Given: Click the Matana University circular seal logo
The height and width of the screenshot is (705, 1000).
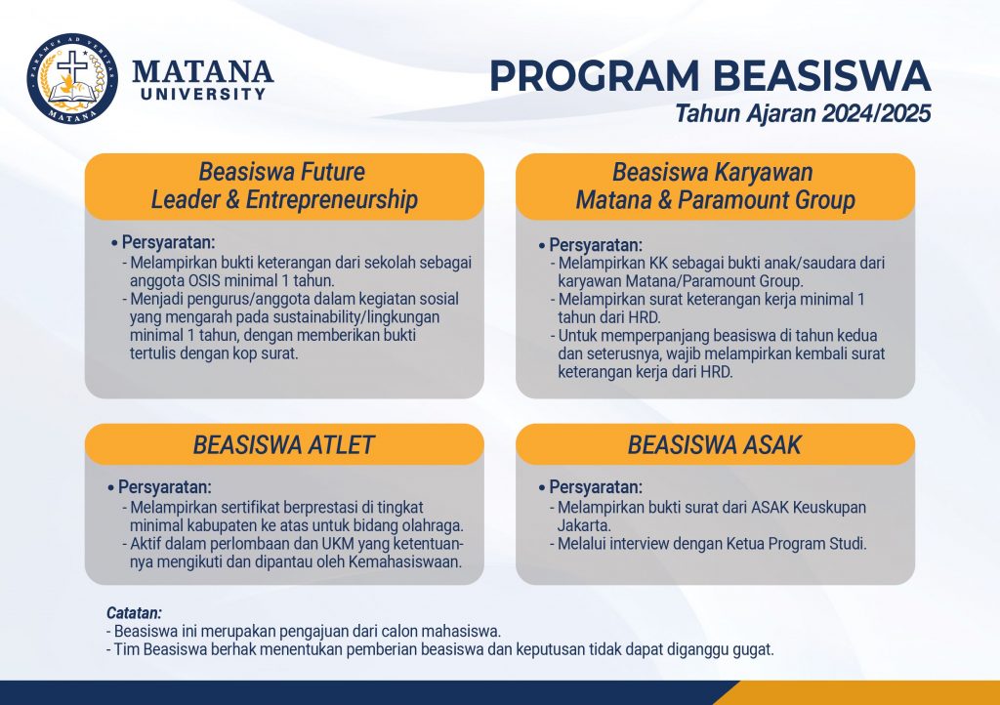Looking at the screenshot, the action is [x=72, y=78].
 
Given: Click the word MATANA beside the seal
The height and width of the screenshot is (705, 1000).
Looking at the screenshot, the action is [x=203, y=71].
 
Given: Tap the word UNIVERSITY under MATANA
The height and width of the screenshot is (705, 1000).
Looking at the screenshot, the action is [x=203, y=95].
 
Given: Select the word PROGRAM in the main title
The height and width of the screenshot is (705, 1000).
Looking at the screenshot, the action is [x=595, y=76].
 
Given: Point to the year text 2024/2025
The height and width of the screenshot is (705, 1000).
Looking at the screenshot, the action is [x=876, y=113].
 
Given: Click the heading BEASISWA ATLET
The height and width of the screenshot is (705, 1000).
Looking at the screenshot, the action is [x=284, y=445].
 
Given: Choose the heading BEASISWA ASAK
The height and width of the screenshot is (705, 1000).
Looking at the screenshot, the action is [x=714, y=445].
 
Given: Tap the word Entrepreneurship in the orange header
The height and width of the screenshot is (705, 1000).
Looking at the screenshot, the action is [x=332, y=199].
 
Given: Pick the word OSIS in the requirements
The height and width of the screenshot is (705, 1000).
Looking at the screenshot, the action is [x=204, y=280].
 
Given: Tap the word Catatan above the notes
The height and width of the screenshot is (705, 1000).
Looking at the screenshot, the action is [x=134, y=613].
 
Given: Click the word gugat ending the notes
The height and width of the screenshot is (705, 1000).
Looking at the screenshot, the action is [x=754, y=650].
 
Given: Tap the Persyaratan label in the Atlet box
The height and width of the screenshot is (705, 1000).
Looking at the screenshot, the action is [x=164, y=487].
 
